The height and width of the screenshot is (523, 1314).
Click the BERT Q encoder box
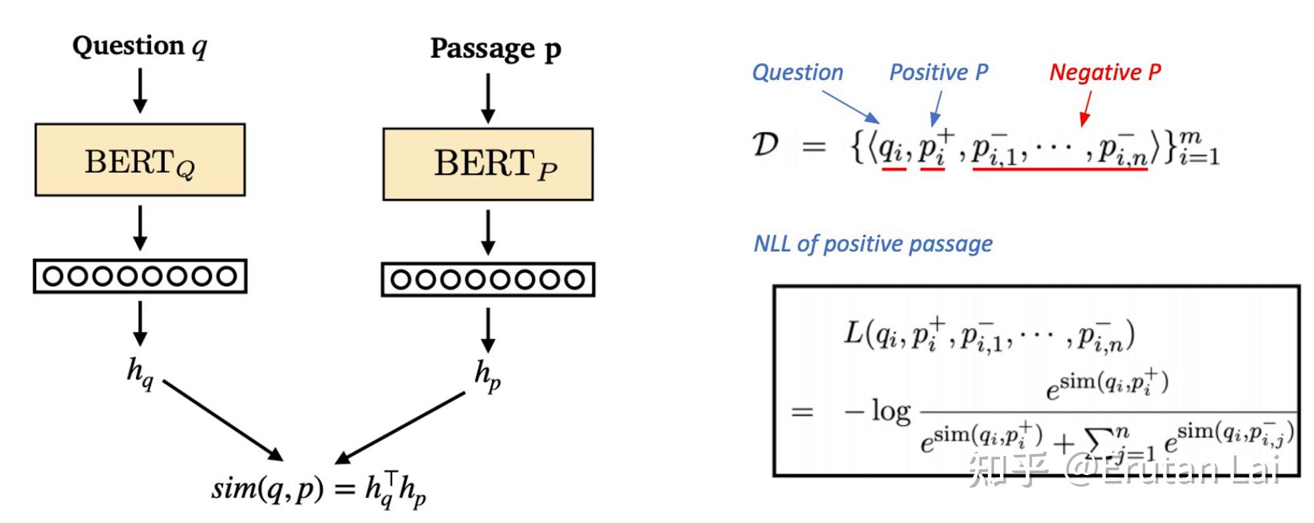140,159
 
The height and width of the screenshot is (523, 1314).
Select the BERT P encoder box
487,164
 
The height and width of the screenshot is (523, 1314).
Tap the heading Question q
139,46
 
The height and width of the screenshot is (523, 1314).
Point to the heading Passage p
495,49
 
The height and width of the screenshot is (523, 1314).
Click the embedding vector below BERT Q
140,276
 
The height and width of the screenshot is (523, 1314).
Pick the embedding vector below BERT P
487,280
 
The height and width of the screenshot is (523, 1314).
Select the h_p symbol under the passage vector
487,375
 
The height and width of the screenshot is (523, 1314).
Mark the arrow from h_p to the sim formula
401,428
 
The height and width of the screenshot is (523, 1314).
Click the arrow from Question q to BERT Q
140,91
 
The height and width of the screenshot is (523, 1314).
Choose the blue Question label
798,72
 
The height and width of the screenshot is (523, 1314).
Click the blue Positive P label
938,72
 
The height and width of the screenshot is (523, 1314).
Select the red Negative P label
1105,72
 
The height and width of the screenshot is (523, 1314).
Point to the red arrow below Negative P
1087,108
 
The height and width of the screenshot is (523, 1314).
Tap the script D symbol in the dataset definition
765,144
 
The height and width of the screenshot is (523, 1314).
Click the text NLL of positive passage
872,244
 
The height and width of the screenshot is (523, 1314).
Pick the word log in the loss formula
890,411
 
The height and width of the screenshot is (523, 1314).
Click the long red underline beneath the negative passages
1060,169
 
